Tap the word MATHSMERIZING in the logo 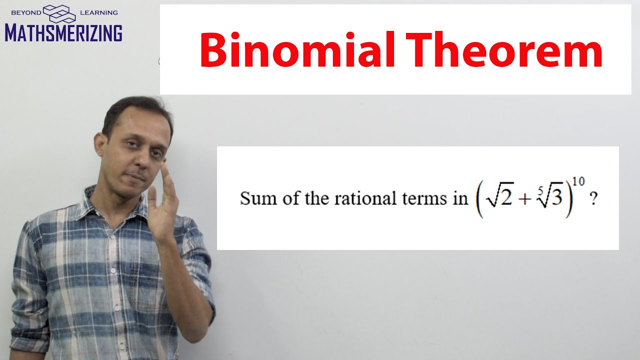click(x=63, y=32)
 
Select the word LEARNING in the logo click(x=98, y=12)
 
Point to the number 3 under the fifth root click(x=555, y=199)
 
